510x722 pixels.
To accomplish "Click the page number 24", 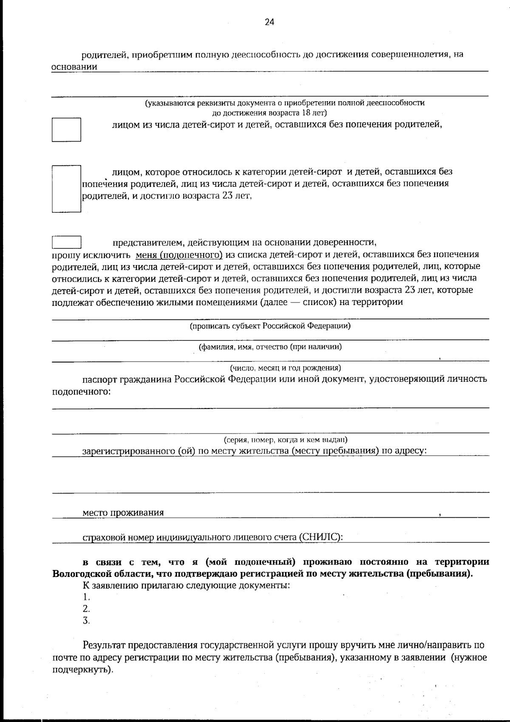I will click(x=269, y=23).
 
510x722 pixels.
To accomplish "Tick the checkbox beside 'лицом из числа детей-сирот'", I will click(x=66, y=130).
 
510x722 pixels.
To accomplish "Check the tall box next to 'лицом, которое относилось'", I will click(x=66, y=188).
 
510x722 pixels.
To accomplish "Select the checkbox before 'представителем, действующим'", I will click(x=66, y=242).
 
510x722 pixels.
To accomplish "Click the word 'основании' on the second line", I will click(x=74, y=67).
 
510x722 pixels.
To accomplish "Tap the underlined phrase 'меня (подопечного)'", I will click(x=179, y=255).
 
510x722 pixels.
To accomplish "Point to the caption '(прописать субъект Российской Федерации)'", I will click(x=270, y=326).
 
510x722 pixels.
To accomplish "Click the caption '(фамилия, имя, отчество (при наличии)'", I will click(x=270, y=347).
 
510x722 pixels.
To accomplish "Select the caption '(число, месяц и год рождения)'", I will click(x=285, y=368).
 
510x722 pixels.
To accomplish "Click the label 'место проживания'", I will click(x=123, y=513).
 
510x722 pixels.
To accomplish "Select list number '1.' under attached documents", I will click(x=86, y=597).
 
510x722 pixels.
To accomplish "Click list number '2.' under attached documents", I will click(x=86, y=609).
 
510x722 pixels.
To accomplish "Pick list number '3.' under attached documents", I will click(x=86, y=621).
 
